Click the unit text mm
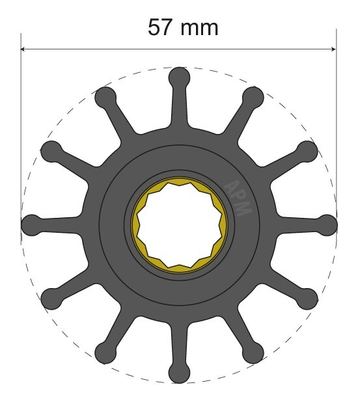pyautogui.click(x=199, y=29)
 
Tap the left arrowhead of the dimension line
pyautogui.click(x=23, y=49)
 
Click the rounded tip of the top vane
pyautogui.click(x=180, y=77)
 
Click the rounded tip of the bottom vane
pyautogui.click(x=180, y=373)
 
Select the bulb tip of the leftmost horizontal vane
pyautogui.click(x=31, y=225)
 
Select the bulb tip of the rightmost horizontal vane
pyautogui.click(x=327, y=225)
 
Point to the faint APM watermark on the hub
pyautogui.click(x=238, y=198)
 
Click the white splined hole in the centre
pyautogui.click(x=180, y=225)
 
